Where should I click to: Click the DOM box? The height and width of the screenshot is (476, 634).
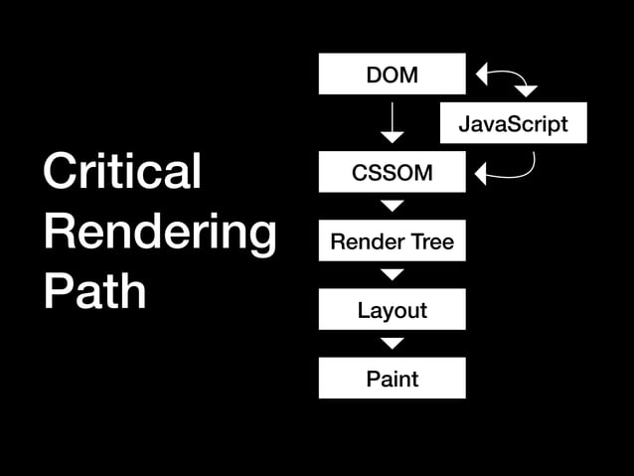point(392,74)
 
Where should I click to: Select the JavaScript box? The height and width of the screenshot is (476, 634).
point(513,123)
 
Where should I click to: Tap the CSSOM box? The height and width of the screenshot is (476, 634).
point(392,172)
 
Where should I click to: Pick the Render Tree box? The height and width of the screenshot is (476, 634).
point(392,240)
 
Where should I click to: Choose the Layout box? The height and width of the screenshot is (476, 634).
point(392,309)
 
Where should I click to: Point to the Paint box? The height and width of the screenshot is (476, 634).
point(392,378)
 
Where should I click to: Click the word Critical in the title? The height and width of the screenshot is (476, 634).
point(121,171)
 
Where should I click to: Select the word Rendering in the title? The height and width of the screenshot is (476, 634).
point(159,232)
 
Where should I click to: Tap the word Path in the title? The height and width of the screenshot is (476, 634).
point(94,291)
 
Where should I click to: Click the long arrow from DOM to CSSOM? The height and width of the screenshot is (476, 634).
point(393,119)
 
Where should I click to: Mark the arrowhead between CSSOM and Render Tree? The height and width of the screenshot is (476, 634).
point(393,206)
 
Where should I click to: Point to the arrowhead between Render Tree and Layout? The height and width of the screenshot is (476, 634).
point(393,274)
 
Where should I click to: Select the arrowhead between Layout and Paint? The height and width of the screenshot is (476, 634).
point(393,343)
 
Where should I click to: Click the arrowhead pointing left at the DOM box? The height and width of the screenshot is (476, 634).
point(482,74)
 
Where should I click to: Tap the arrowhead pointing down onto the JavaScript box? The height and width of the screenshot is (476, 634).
point(526,91)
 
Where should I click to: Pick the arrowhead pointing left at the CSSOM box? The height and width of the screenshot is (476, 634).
point(482,175)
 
